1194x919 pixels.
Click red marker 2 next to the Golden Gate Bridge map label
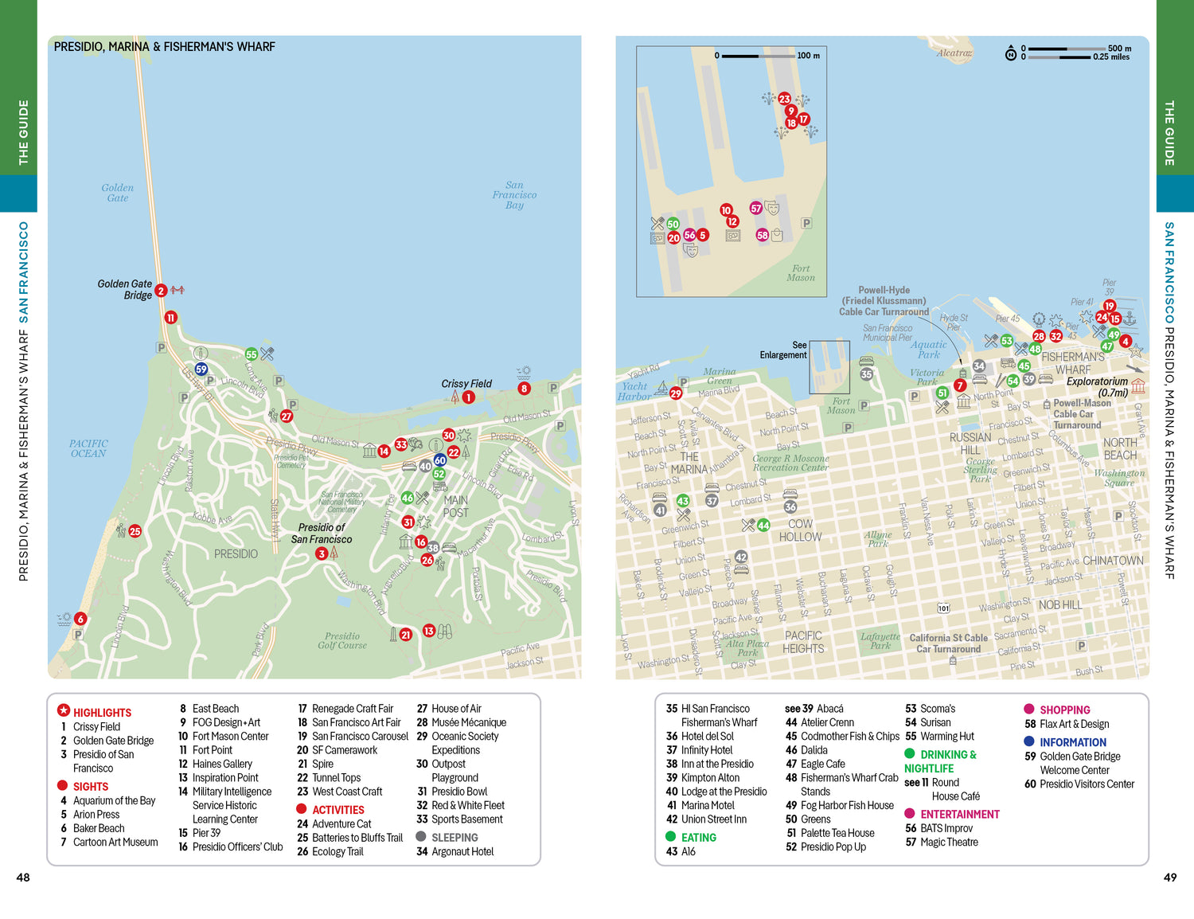click(161, 291)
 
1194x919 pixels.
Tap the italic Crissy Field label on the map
click(466, 384)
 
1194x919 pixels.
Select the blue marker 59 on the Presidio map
click(201, 369)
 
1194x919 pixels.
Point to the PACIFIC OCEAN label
click(88, 448)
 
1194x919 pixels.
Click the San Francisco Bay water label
click(514, 195)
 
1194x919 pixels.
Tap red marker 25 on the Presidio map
click(135, 531)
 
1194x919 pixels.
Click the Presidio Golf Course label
click(342, 640)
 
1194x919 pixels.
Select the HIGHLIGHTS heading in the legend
click(102, 713)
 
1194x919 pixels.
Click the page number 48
click(23, 878)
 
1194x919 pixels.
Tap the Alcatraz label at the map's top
click(954, 53)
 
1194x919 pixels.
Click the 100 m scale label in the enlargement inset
click(808, 56)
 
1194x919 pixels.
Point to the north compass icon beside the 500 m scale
click(1010, 53)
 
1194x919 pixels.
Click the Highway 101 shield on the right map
click(943, 608)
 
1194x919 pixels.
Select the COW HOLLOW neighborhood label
click(800, 530)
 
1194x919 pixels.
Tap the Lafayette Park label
click(880, 640)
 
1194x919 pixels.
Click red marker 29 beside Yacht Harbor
click(676, 393)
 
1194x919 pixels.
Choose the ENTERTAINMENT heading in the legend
click(959, 814)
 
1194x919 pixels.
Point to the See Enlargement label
click(784, 350)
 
